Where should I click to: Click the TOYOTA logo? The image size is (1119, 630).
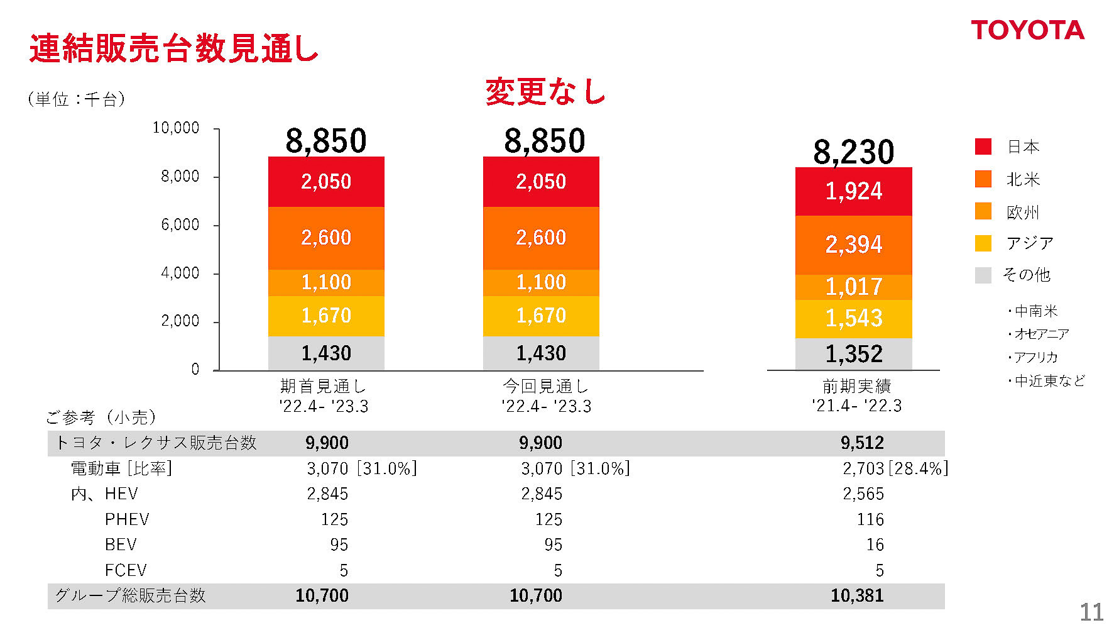[1027, 30]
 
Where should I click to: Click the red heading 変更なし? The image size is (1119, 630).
[545, 92]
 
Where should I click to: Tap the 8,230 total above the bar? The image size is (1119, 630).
[853, 152]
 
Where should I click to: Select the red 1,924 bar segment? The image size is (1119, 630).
[853, 191]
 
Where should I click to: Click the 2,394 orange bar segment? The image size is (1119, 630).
[853, 245]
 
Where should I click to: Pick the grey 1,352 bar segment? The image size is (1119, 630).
[853, 354]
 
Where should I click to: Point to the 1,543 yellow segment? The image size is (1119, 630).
[853, 319]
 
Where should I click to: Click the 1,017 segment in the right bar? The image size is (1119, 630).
[853, 287]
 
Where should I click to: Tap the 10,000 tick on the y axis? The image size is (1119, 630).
[176, 128]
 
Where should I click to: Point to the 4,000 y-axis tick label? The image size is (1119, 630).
[180, 274]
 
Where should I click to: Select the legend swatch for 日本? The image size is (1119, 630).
[983, 146]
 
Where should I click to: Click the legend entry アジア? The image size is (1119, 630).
[1029, 243]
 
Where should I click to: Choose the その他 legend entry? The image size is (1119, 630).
[1026, 275]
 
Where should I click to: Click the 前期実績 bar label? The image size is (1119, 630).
[856, 386]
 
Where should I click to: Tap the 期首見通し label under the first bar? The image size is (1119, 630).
[323, 386]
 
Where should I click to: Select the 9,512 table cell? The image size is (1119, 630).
[862, 443]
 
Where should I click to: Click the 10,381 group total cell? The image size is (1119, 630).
[857, 595]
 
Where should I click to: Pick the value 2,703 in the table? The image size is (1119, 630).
[863, 469]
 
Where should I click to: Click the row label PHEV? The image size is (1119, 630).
[127, 520]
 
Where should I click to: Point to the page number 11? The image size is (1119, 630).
[1091, 612]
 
